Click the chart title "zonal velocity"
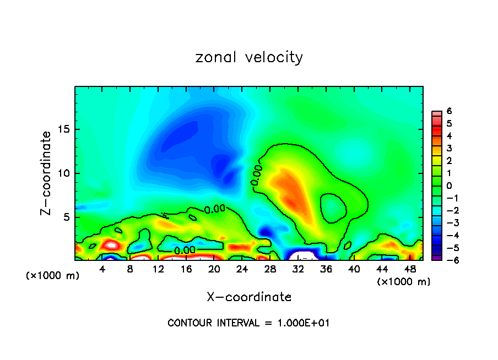[249, 57]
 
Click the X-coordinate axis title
[249, 297]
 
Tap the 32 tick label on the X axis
[298, 270]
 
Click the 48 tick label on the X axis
[409, 270]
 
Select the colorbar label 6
[449, 111]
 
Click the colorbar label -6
[447, 260]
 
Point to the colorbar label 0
[449, 186]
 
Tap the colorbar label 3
[449, 148]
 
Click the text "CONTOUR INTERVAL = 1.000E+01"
[248, 323]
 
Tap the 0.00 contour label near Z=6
[215, 209]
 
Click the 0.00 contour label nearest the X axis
[185, 251]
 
